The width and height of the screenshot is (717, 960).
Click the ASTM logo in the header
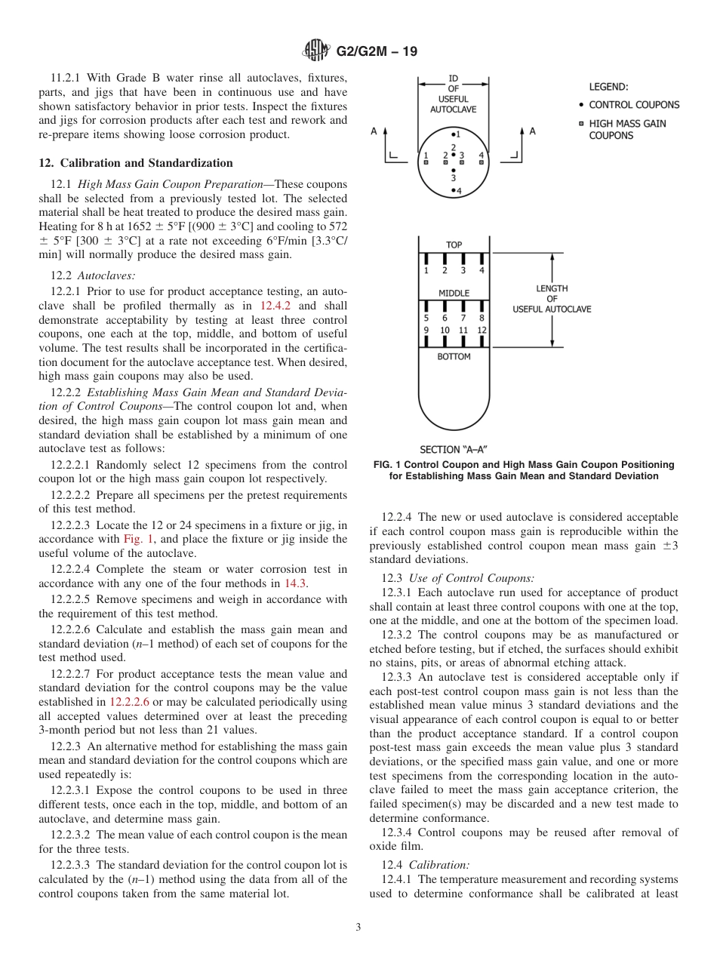[x=315, y=51]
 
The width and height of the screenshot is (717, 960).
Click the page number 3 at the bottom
[x=358, y=928]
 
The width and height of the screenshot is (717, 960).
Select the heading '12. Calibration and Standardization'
[x=136, y=163]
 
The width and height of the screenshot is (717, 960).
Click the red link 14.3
[x=294, y=583]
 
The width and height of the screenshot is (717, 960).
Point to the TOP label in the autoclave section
[x=454, y=245]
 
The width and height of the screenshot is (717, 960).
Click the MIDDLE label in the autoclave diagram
[x=454, y=293]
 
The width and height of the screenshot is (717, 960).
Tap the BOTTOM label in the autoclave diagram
[x=454, y=356]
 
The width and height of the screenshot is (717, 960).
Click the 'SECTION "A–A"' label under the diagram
[x=458, y=450]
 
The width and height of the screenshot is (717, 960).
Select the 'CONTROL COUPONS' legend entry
[x=634, y=105]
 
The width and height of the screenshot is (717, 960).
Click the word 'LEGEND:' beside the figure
[x=608, y=87]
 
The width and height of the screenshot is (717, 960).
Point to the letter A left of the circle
[x=374, y=131]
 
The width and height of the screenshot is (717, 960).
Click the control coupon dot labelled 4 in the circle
[x=454, y=191]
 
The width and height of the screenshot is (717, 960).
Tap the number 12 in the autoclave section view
[x=482, y=331]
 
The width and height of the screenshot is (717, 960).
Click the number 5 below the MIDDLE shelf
[x=426, y=318]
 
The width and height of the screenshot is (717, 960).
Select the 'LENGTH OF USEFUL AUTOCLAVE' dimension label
[x=552, y=298]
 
